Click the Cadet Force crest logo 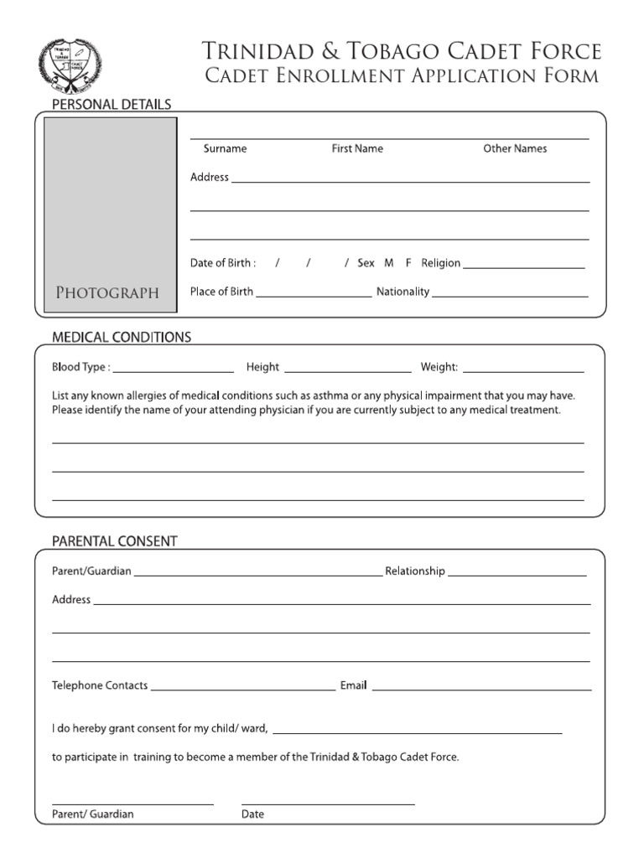coord(70,66)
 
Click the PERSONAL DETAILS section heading coord(112,105)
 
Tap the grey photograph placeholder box coord(111,214)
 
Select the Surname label coord(225,148)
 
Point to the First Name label coord(357,148)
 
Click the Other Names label coord(515,148)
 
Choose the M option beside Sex coord(389,263)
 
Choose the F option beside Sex coord(408,263)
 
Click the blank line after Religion coord(523,267)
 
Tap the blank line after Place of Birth coord(314,296)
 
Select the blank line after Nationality coord(510,296)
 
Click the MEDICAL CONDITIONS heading coord(122,338)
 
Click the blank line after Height coord(348,370)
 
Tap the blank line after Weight coord(523,370)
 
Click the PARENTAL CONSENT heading coord(115,541)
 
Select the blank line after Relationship coord(517,576)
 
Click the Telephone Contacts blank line coord(242,690)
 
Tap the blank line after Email coord(481,690)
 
